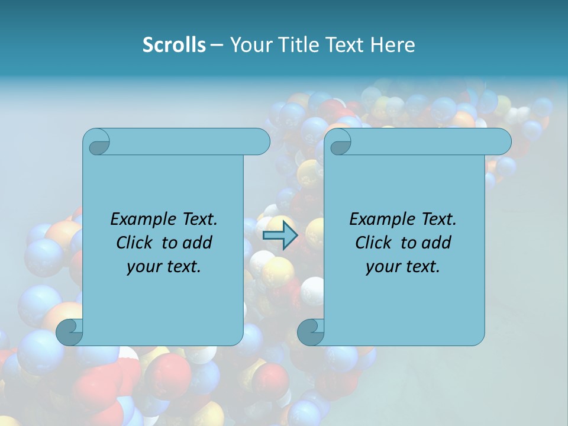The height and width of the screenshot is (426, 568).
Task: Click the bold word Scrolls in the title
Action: click(x=174, y=45)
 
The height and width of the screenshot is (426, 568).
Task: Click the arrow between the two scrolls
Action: click(x=280, y=235)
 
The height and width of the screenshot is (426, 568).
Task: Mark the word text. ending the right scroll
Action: click(x=422, y=267)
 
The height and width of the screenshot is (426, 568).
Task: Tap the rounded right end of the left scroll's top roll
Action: click(x=260, y=142)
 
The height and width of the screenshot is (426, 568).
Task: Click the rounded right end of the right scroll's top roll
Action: click(x=501, y=142)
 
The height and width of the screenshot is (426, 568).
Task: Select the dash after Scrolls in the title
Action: click(x=217, y=46)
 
